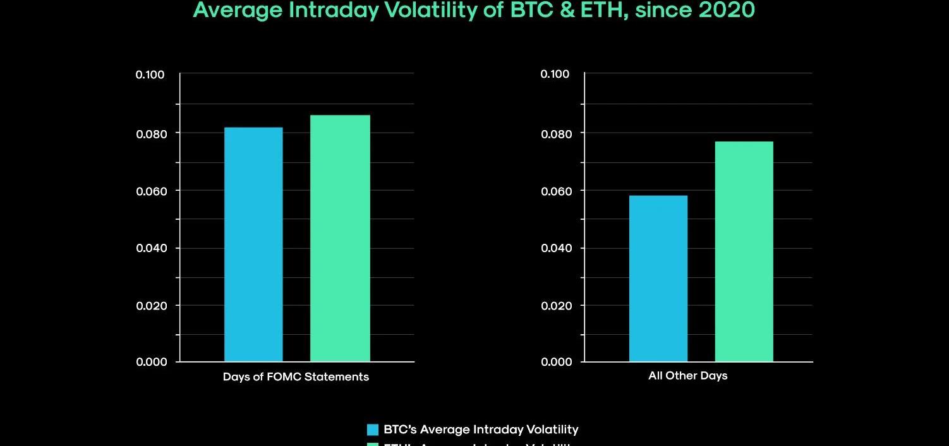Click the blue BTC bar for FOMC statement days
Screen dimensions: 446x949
tap(253, 244)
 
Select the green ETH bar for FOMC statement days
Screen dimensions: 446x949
tap(340, 238)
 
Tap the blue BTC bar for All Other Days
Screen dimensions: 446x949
tap(658, 279)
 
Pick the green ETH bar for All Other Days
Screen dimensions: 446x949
tap(744, 251)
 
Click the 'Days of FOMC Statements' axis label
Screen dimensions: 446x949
tap(296, 377)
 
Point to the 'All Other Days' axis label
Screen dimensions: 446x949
tap(688, 376)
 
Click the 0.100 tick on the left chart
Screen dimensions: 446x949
tap(150, 75)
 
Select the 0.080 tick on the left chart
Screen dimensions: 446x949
tap(150, 134)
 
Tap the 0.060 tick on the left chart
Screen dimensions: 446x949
tap(150, 191)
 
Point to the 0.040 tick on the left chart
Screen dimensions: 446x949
tap(150, 248)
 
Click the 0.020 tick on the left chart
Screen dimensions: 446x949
tap(150, 306)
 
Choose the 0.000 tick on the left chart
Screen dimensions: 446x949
tap(150, 362)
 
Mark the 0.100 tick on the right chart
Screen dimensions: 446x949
tap(555, 75)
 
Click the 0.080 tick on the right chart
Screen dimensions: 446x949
tap(555, 134)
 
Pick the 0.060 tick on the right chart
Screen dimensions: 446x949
tap(555, 191)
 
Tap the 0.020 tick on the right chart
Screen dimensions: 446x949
tap(555, 306)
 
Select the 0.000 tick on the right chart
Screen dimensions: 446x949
tap(555, 362)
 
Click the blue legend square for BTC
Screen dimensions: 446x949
tap(373, 430)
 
